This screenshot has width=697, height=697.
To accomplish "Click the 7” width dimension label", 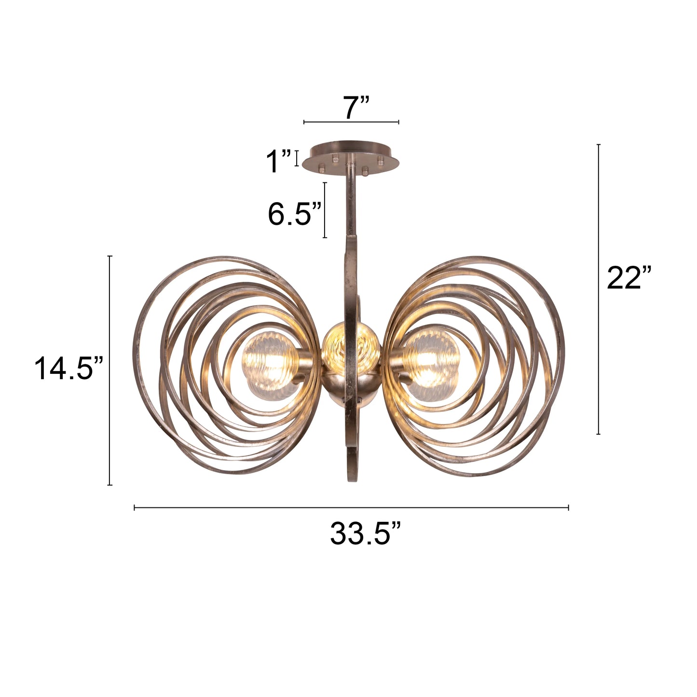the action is tap(356, 108).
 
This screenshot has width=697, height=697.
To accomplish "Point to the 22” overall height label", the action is tap(629, 277).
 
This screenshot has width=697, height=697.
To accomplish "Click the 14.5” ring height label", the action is tap(68, 368).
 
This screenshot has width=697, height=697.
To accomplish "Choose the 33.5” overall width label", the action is tap(365, 533).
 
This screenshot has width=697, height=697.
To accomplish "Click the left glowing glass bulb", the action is tap(271, 366).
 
